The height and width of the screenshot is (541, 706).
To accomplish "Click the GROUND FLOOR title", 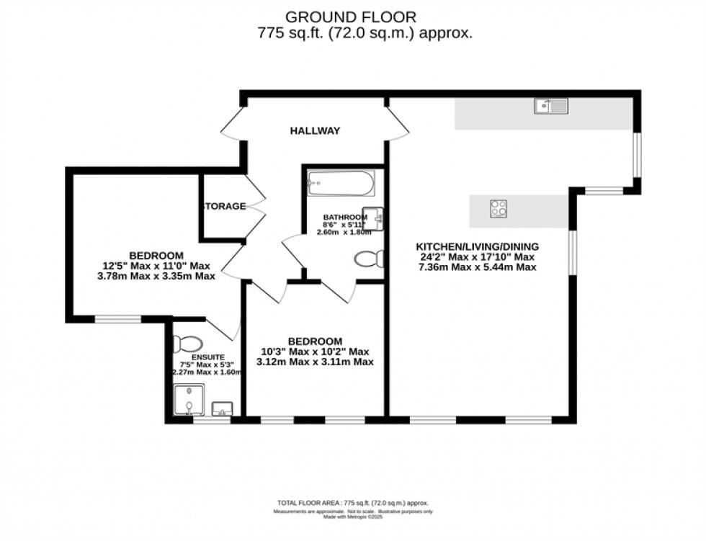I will [352, 16].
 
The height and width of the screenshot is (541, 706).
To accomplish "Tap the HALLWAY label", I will [315, 131].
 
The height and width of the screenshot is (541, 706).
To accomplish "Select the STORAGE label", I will [224, 207].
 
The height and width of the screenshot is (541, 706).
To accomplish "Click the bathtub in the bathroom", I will [341, 184].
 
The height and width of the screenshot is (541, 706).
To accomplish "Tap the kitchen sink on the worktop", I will [552, 107].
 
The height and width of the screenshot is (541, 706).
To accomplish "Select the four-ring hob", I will [498, 208].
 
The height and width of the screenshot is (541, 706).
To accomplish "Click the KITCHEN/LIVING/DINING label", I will [477, 246].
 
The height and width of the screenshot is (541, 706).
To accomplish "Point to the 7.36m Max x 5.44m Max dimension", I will [477, 267].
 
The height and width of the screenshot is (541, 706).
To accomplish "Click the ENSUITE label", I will [188, 357].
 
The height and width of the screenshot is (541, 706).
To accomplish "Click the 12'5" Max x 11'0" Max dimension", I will [156, 265].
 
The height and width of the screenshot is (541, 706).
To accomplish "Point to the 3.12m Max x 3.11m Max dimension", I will [315, 362].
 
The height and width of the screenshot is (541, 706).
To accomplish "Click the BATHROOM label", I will [345, 218].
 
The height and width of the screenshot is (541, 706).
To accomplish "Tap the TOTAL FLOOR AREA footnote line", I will [352, 503].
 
